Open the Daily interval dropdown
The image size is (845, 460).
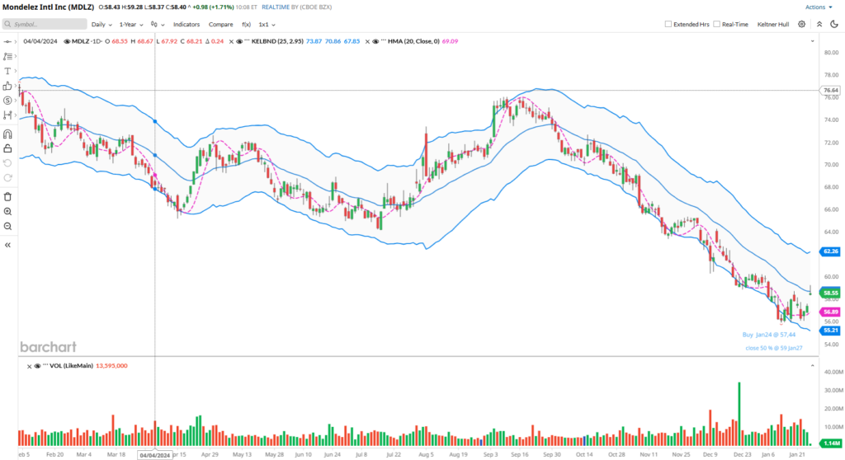101,25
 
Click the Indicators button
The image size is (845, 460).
186,25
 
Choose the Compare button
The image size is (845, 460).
220,25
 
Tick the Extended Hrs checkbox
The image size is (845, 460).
668,25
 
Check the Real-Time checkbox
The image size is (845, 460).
716,25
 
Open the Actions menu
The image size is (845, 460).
817,7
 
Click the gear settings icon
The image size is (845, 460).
801,25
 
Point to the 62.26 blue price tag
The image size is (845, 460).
830,251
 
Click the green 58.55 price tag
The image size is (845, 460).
830,293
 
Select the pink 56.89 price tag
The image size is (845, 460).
830,312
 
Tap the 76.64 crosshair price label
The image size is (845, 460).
830,90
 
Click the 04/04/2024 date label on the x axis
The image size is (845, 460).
155,454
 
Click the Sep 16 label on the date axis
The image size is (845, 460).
520,454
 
